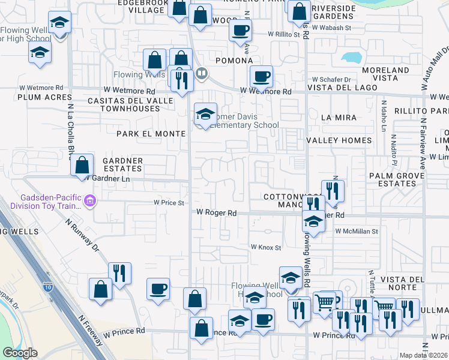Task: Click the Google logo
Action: pyautogui.click(x=20, y=353)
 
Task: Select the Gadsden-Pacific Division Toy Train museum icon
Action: pyautogui.click(x=90, y=200)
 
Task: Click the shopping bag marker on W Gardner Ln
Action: pyautogui.click(x=82, y=165)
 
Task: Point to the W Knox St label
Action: pyautogui.click(x=266, y=247)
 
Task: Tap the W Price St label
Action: pyautogui.click(x=169, y=203)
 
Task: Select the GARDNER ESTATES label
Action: pyautogui.click(x=122, y=165)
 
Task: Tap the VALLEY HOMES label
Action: pyautogui.click(x=334, y=140)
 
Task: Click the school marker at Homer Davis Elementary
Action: pyautogui.click(x=205, y=114)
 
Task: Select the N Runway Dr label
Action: pyautogui.click(x=83, y=233)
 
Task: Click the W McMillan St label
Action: pyautogui.click(x=357, y=231)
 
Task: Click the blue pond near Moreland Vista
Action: pyautogui.click(x=351, y=57)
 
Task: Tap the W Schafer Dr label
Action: pyautogui.click(x=331, y=79)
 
